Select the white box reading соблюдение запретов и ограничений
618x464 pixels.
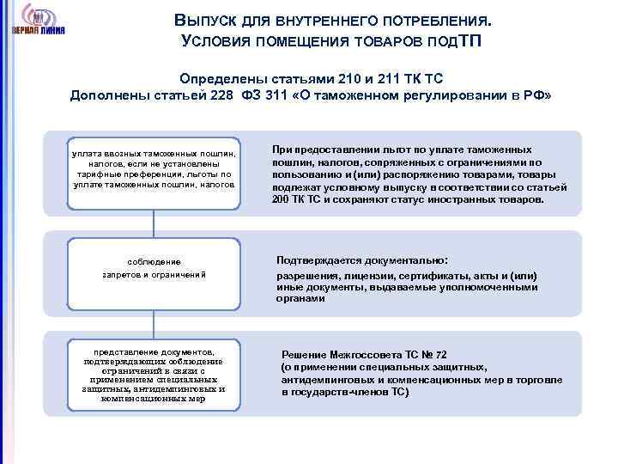click(x=154, y=267)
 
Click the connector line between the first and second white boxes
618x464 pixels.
click(x=154, y=222)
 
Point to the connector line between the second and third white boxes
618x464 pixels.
click(x=154, y=322)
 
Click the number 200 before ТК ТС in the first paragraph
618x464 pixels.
click(x=282, y=199)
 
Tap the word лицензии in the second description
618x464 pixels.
click(x=369, y=276)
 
